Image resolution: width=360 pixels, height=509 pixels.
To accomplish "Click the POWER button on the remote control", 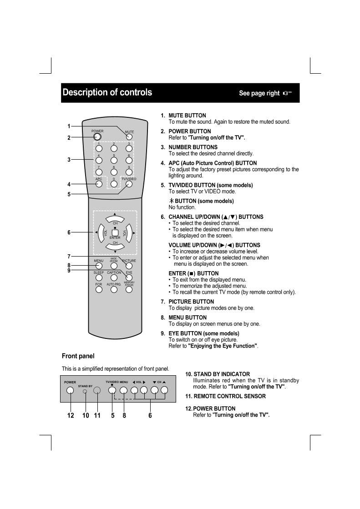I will point(98,136).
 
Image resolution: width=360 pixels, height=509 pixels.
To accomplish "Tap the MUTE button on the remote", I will point(129,136).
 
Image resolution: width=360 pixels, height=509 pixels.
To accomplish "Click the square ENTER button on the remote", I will point(115,232).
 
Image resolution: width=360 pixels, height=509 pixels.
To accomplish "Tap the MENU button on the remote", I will point(99,266).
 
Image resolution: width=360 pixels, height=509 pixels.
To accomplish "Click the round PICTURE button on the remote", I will point(129,266).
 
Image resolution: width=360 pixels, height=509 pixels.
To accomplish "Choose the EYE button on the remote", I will point(129,277).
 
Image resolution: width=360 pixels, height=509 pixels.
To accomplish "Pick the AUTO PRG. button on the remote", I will point(114,289).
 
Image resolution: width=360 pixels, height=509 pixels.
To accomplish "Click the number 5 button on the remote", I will point(114,160).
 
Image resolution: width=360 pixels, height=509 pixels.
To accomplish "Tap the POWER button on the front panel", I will point(70,390).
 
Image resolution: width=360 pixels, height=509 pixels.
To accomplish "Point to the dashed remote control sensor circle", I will point(97,390).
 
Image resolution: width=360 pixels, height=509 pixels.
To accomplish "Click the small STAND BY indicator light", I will point(85,391).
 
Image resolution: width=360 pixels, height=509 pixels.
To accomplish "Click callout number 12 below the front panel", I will point(71,415).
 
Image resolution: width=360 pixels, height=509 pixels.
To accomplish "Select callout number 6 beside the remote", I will point(69,232).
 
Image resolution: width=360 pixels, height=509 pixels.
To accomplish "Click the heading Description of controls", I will point(107,92).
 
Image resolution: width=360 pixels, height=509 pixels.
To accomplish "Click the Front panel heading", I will point(78,356).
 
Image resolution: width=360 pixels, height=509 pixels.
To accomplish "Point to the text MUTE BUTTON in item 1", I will point(187,116).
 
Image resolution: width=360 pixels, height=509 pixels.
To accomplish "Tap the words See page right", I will point(259,93).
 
